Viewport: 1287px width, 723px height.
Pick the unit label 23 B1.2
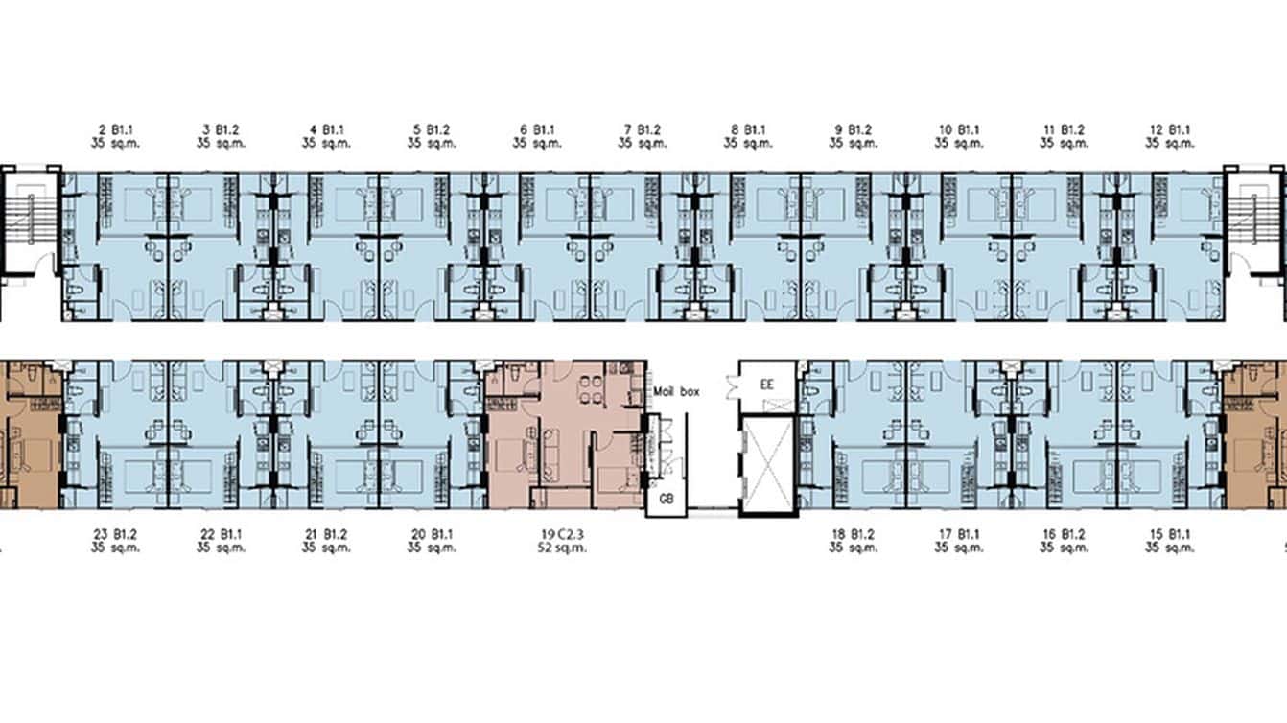116,534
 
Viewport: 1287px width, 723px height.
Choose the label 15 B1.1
1170,534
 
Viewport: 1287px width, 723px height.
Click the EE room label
766,385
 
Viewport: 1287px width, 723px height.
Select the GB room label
666,500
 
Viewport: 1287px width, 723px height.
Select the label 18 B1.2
854,534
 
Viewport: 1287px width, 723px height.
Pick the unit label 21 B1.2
326,534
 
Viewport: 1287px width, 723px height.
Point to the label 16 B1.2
1065,534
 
